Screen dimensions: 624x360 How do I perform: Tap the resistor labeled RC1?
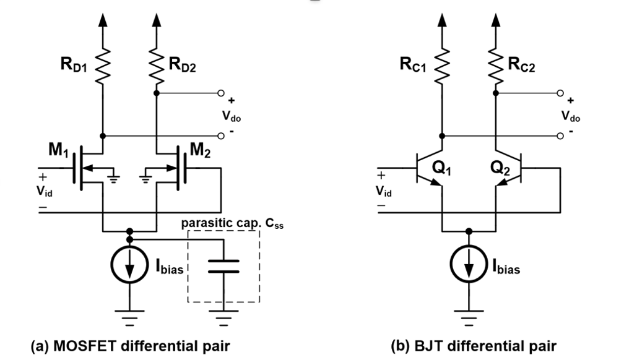[441, 65]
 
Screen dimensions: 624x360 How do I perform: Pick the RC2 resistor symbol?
[495, 65]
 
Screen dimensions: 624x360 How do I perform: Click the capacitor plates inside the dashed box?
[223, 266]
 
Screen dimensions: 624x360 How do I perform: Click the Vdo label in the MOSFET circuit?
[231, 116]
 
